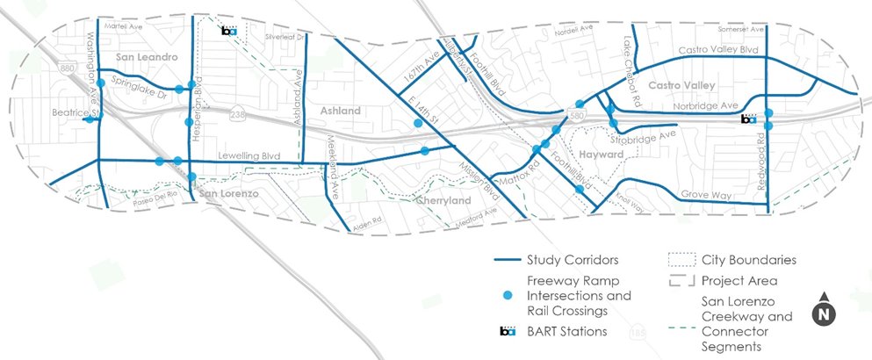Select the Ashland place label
pyautogui.click(x=340, y=112)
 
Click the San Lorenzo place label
pyautogui.click(x=227, y=192)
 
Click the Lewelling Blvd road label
pyautogui.click(x=239, y=155)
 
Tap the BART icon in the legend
pyautogui.click(x=507, y=331)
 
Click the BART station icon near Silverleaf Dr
pyautogui.click(x=228, y=31)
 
